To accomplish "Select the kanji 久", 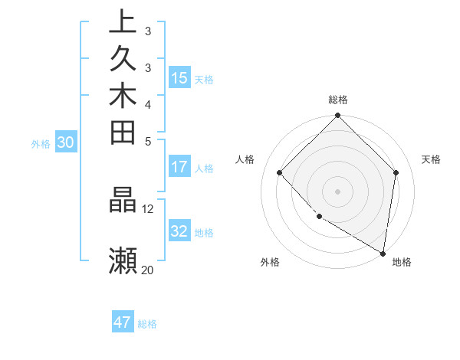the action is tap(123, 59).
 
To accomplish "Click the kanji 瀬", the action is tap(123, 260).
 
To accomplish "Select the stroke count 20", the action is tap(147, 270).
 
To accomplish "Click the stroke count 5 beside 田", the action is tap(148, 141).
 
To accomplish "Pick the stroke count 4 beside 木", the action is tap(148, 104).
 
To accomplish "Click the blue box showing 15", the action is tap(179, 77).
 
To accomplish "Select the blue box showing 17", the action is tap(179, 166).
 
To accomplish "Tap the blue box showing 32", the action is tap(179, 231).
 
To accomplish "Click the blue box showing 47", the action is tap(123, 322).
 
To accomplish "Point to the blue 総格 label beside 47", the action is tap(148, 324).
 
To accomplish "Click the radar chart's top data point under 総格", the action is tap(337, 116).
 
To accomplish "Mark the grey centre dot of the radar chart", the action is tap(337, 191).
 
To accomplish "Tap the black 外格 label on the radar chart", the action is tap(270, 262).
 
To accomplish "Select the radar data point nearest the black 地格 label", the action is tap(383, 253).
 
